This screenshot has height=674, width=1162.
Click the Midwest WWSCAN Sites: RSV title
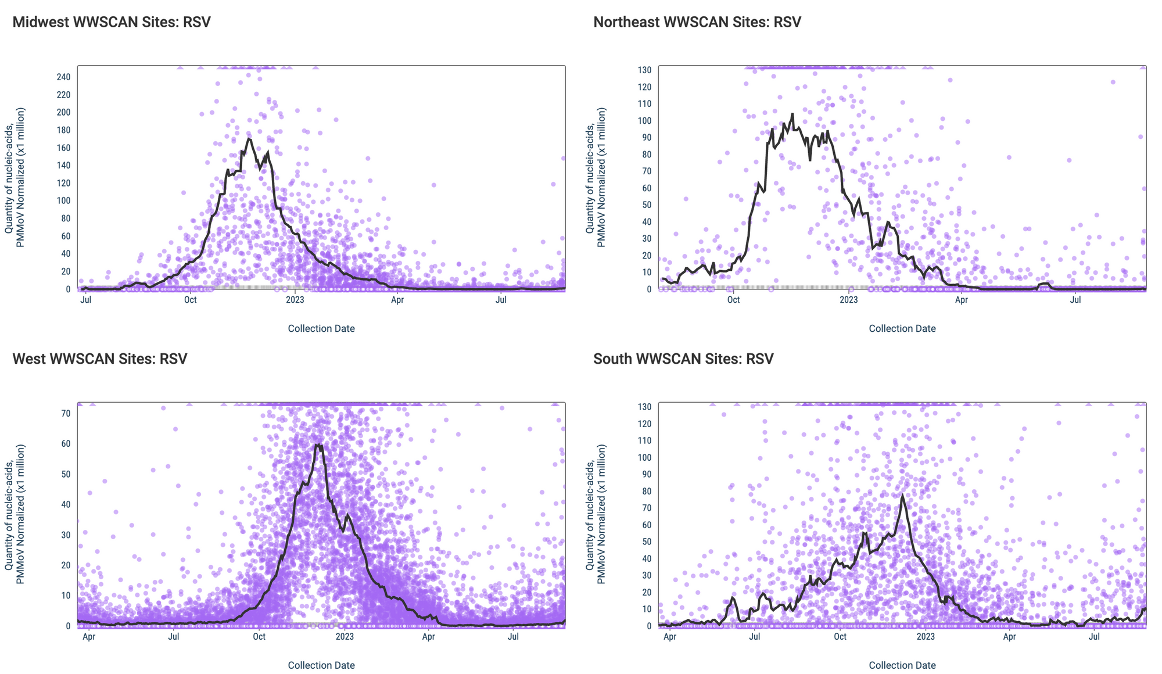point(111,22)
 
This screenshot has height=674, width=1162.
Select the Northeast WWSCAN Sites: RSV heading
point(697,22)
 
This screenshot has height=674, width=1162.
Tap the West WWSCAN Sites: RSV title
point(99,358)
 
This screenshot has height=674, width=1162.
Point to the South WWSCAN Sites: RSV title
point(683,358)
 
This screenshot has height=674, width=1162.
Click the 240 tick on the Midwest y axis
point(63,77)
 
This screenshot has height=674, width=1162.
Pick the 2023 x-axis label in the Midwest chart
point(295,300)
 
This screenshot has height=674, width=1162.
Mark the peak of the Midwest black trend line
point(249,138)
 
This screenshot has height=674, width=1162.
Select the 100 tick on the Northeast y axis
point(644,121)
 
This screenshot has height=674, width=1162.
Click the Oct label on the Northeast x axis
point(733,300)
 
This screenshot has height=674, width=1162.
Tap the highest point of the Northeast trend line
point(792,114)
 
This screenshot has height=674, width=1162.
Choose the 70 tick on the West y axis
point(66,414)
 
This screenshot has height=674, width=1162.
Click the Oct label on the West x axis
point(259,637)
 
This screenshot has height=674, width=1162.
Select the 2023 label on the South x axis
point(926,637)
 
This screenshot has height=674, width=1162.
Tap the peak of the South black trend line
point(902,495)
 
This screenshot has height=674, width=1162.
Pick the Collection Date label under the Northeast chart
point(902,328)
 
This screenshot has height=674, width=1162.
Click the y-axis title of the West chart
point(15,514)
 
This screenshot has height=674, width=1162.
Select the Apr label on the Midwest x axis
point(397,300)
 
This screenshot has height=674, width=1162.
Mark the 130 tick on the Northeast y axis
point(644,70)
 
